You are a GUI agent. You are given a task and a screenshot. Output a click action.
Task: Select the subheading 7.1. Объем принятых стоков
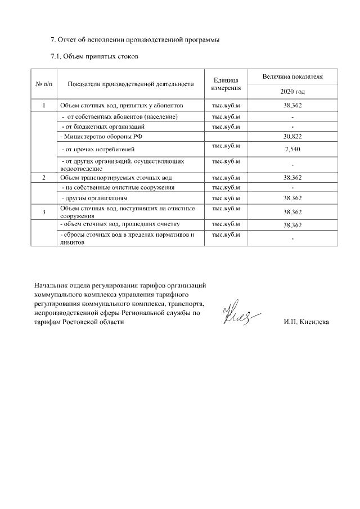94,56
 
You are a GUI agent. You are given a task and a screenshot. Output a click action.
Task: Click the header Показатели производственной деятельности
130,84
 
